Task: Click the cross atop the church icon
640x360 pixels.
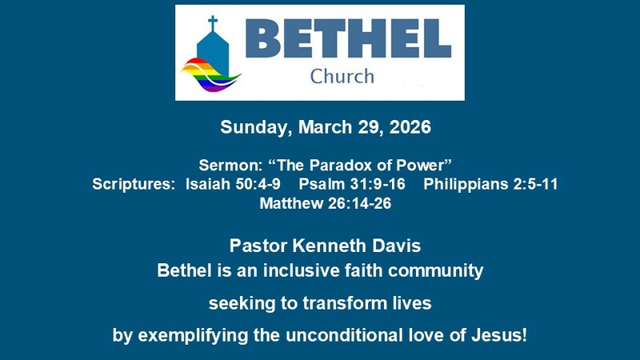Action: coord(212,22)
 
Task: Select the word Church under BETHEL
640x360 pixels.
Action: coord(342,77)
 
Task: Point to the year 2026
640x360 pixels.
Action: coord(408,127)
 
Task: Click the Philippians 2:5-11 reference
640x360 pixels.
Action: coord(490,185)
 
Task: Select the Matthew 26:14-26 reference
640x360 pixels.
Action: coord(325,203)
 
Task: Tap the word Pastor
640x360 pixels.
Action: coord(258,246)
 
